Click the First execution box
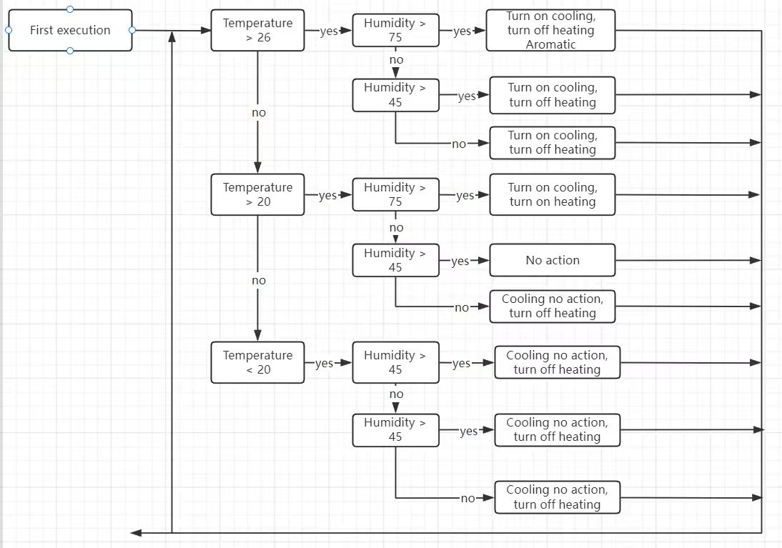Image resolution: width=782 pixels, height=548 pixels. tap(70, 30)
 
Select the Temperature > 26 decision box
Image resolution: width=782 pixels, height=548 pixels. tap(257, 30)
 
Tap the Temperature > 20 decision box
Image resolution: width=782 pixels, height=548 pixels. tap(257, 194)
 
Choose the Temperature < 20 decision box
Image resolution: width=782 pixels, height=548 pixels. tap(257, 362)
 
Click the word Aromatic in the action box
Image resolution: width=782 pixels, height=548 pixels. tap(550, 44)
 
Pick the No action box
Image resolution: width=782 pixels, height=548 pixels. tap(552, 260)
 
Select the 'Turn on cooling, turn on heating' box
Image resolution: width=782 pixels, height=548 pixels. tap(552, 194)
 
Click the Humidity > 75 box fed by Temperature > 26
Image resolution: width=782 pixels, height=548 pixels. tap(395, 30)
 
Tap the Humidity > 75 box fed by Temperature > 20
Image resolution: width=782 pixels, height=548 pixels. tap(395, 194)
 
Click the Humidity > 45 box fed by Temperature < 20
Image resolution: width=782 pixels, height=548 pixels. tap(395, 362)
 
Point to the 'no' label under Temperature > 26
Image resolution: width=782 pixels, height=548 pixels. tap(258, 112)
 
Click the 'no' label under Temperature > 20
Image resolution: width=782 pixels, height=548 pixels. tap(258, 280)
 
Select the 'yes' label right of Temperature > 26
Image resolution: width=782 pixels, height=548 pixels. tap(328, 31)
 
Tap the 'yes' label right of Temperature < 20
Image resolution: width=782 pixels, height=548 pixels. tap(325, 363)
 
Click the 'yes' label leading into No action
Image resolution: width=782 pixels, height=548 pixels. tap(460, 261)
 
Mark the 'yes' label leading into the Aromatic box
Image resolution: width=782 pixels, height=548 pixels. tap(462, 31)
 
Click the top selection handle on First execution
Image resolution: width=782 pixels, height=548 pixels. tap(70, 9)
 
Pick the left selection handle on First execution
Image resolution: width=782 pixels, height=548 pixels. tap(8, 30)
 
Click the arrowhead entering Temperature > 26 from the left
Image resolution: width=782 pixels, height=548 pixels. tap(206, 31)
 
